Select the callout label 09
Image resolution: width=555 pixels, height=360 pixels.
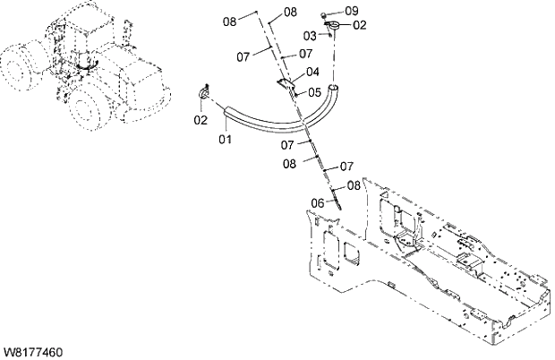click(x=350, y=11)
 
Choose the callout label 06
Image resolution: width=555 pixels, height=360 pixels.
click(x=317, y=203)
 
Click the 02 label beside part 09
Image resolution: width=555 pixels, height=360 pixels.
click(x=359, y=25)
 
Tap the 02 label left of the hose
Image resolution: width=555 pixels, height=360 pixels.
click(x=201, y=119)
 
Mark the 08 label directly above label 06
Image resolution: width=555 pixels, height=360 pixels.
click(x=354, y=185)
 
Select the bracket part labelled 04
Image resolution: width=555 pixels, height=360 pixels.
click(x=285, y=83)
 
